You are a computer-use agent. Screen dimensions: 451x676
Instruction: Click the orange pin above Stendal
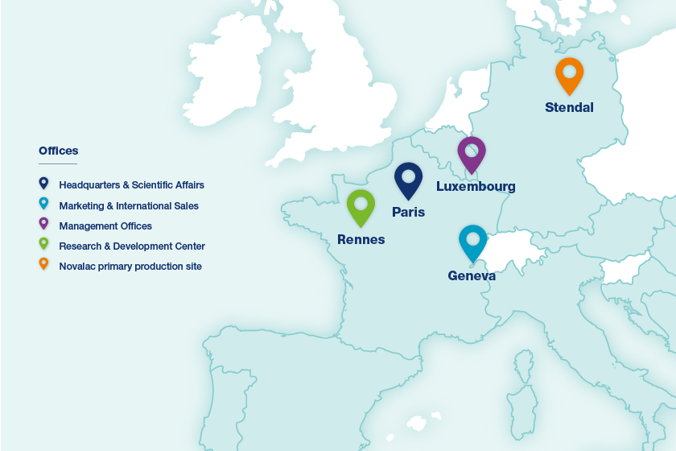coord(569,74)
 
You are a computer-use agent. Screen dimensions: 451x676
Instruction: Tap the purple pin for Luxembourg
coord(472,152)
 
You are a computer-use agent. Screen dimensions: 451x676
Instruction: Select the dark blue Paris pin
coord(408,179)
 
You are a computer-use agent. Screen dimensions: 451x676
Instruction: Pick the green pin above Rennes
coord(361,205)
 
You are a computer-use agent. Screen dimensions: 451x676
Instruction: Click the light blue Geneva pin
coord(473,241)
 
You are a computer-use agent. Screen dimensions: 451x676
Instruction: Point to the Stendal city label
coord(569,107)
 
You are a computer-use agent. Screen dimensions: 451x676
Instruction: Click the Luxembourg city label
coord(476,187)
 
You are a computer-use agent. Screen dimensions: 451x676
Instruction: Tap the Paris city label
coord(408,213)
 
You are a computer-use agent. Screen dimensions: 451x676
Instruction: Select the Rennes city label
coord(361,240)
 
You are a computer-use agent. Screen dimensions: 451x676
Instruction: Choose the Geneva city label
coord(472,276)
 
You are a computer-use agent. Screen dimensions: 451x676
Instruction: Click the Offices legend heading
coord(59,151)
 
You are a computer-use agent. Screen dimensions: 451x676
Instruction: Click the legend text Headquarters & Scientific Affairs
coord(131,185)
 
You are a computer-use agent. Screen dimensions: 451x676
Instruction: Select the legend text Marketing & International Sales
coord(129,205)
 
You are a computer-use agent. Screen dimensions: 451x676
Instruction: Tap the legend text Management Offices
coord(105,226)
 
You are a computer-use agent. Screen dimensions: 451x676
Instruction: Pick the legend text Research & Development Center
coord(132,246)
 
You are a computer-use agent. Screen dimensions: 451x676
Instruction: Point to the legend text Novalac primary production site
coord(130,266)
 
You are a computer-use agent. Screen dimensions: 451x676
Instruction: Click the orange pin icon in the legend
coord(43,264)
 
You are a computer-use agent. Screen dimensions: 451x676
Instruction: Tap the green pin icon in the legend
coord(43,244)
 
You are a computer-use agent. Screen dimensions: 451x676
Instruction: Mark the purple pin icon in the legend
coord(43,224)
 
